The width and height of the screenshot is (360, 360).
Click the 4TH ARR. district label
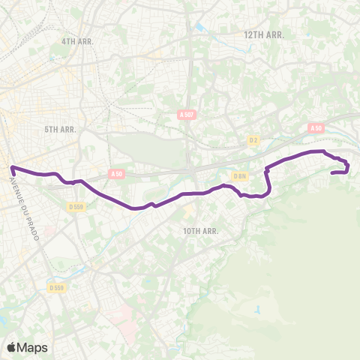coord(77,42)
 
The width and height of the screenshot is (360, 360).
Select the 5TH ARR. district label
coord(61,129)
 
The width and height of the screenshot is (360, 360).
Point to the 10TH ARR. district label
coord(200,231)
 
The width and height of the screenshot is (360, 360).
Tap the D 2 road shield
coord(253,139)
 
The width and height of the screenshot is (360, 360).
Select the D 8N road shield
coord(240,176)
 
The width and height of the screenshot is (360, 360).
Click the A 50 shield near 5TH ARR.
coord(115,174)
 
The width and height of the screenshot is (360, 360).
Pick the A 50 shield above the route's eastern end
coord(316,128)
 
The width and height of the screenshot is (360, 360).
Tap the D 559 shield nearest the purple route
coord(76,206)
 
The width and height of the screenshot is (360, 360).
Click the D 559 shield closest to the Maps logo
coord(56,287)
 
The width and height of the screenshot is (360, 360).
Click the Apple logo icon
coord(12,346)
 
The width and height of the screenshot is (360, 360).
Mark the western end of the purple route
coord(12,169)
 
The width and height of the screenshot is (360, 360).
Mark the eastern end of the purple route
coord(332,172)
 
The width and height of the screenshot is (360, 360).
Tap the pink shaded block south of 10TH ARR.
coord(120,315)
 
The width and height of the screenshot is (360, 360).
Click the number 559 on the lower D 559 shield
coord(59,287)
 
